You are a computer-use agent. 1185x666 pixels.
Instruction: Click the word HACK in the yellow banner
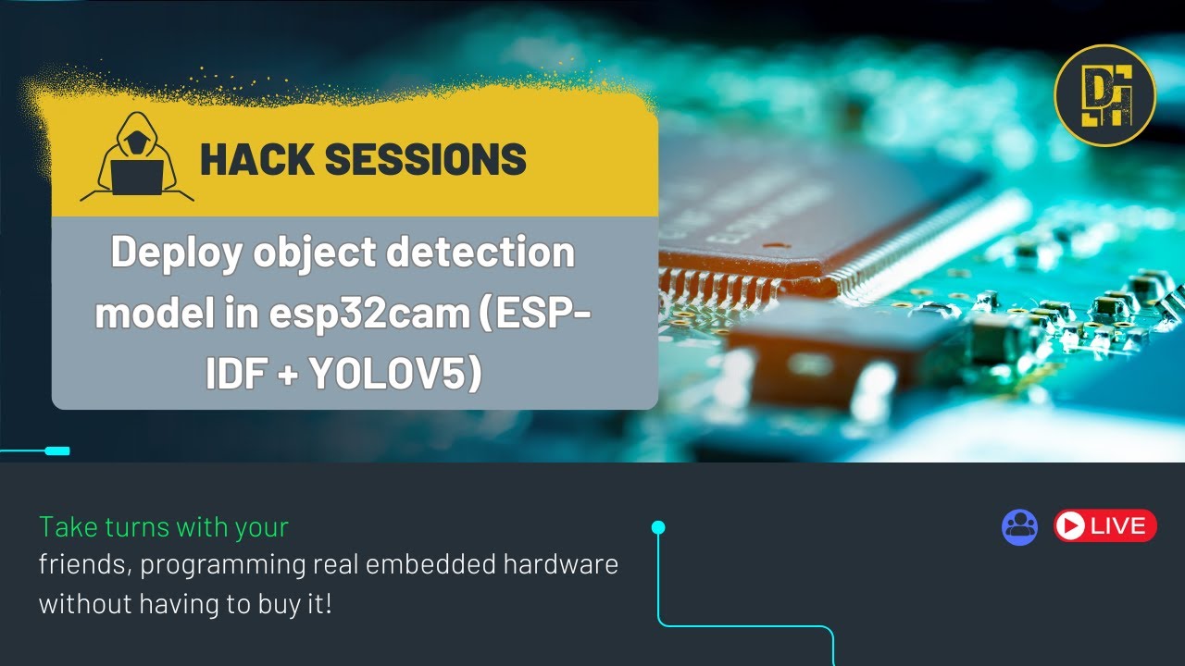(257, 159)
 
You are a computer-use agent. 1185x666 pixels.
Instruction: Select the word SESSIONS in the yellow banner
(426, 159)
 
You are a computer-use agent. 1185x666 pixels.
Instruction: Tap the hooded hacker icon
(137, 157)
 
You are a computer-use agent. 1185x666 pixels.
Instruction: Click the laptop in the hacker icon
(137, 178)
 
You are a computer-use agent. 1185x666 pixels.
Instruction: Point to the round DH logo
(1105, 95)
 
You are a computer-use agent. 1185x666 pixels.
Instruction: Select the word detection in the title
(480, 253)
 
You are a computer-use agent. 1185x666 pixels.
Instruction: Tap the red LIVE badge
(1105, 526)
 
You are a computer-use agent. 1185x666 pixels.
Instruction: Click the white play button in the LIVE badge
(1069, 526)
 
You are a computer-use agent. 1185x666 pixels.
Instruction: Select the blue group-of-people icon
(1019, 527)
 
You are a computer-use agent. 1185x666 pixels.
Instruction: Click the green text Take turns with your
(164, 527)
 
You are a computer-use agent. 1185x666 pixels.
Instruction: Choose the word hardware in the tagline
(561, 564)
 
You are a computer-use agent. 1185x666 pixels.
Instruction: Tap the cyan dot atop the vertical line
(658, 527)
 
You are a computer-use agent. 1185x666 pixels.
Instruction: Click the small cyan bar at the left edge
(57, 450)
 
